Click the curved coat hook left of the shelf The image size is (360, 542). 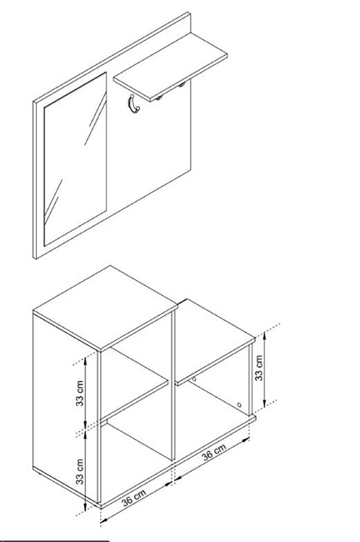133,105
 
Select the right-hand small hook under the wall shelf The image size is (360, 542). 181,84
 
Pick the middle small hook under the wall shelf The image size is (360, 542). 158,98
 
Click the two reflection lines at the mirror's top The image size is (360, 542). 95,117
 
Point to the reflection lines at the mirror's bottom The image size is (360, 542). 53,200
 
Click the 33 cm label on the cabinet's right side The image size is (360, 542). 259,368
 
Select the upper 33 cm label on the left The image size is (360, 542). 80,393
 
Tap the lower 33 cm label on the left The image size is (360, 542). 80,471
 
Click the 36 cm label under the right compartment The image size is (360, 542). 214,452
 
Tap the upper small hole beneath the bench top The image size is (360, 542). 194,379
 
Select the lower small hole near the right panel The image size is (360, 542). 239,404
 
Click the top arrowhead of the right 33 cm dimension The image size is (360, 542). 264,334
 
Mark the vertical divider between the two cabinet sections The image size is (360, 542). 173,384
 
